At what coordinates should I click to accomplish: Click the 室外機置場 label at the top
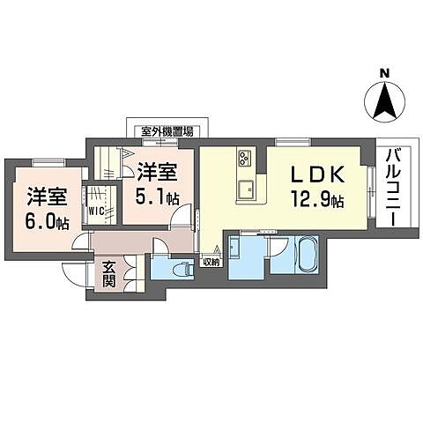coord(167,130)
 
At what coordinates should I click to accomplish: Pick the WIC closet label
coord(97,211)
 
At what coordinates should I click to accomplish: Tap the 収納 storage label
coord(211,261)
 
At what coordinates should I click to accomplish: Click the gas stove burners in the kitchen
coord(244,159)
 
